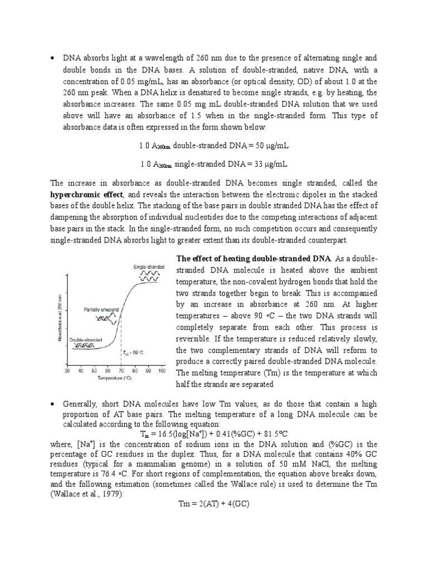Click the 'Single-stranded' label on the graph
click(148, 267)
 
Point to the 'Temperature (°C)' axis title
click(114, 378)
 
